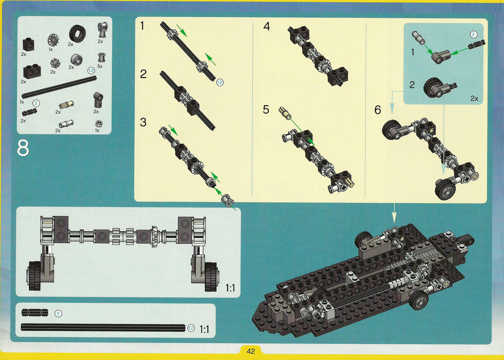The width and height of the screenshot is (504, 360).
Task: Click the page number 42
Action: [251, 351]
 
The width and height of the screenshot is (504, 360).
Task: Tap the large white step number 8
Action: [23, 148]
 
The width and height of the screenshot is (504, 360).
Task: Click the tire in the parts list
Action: [77, 33]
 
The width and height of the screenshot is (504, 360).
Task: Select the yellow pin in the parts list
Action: [67, 105]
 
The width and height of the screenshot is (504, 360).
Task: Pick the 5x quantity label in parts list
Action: [100, 66]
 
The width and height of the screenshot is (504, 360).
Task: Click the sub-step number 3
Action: [143, 122]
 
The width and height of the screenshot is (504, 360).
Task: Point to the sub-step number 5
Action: [266, 110]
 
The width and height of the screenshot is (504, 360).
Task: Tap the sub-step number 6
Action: [377, 110]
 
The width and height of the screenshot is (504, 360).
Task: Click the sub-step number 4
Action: [266, 26]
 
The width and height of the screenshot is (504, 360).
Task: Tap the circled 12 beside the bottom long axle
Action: [191, 328]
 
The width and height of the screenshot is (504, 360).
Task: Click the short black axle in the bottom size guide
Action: [35, 312]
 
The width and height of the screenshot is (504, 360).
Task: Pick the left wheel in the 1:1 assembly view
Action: [35, 276]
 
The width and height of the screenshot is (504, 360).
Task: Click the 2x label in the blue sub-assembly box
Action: [474, 98]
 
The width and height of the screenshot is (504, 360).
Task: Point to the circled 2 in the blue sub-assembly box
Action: [473, 34]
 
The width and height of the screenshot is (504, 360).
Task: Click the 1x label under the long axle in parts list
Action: [22, 102]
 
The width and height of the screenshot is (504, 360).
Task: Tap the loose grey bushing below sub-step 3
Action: [228, 201]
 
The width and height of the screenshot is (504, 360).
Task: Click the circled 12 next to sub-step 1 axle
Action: [220, 83]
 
